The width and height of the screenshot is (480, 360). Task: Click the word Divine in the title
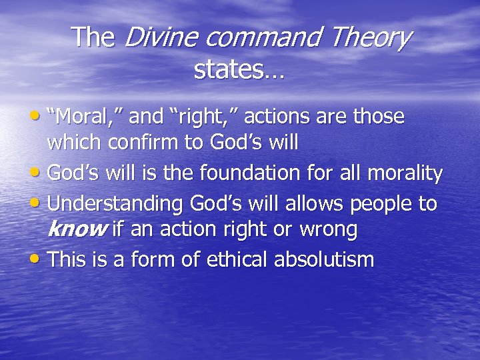click(158, 38)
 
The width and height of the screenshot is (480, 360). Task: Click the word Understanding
click(117, 203)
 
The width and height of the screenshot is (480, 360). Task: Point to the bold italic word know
click(77, 231)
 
